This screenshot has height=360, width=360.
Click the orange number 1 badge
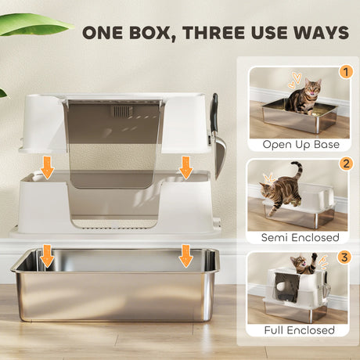[346, 72]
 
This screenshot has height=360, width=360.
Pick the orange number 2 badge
[346, 165]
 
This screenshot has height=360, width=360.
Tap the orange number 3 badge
[346, 256]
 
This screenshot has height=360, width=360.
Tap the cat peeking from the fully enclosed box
[301, 270]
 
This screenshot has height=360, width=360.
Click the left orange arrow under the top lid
[47, 167]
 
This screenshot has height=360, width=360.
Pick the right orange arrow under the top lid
[185, 167]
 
